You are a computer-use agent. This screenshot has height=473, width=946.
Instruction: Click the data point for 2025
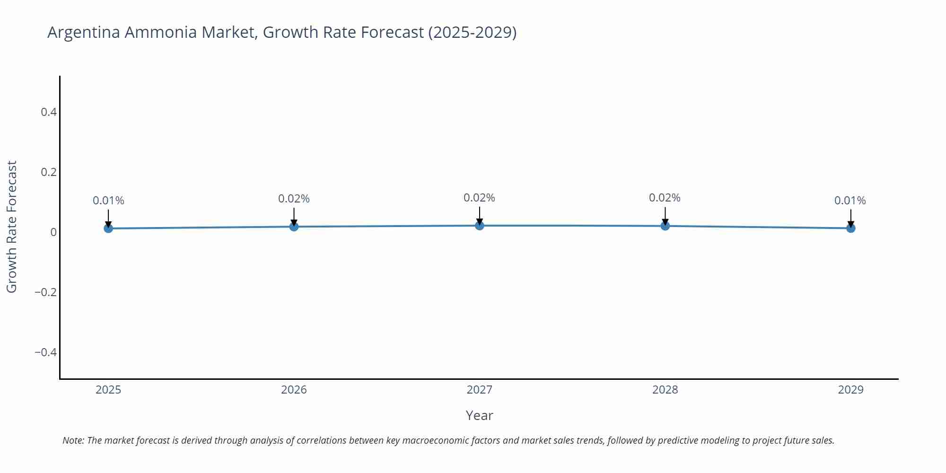coord(108,228)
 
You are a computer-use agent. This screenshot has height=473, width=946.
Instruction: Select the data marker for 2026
coord(294,227)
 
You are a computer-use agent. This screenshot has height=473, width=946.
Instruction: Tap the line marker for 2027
coord(480,226)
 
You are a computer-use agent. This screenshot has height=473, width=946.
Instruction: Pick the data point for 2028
coord(665,226)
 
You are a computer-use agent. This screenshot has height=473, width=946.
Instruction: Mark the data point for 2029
coord(850,228)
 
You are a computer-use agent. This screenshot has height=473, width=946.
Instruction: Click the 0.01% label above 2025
coord(108,201)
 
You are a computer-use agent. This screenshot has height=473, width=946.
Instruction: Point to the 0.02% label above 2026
coord(294,199)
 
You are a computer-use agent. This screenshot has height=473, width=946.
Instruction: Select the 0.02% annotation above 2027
coord(479,198)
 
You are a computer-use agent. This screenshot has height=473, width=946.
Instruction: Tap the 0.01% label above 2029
coord(850,201)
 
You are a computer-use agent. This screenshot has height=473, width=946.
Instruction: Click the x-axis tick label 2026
coord(294,390)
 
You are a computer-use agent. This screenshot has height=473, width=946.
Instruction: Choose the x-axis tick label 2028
coord(665,390)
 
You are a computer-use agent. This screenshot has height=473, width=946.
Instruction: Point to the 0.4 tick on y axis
coord(49,112)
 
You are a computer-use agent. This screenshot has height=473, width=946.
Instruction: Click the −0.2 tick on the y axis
coord(45,292)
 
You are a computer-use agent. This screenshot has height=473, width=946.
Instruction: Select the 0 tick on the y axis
coord(53,232)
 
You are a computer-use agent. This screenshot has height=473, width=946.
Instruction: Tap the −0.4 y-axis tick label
coord(45,352)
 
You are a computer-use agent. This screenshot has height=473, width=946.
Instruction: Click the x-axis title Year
coord(479,415)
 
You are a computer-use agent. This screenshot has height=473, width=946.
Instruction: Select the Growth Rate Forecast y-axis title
coord(11,227)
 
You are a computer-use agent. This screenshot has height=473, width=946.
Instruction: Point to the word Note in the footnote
coord(73,440)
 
